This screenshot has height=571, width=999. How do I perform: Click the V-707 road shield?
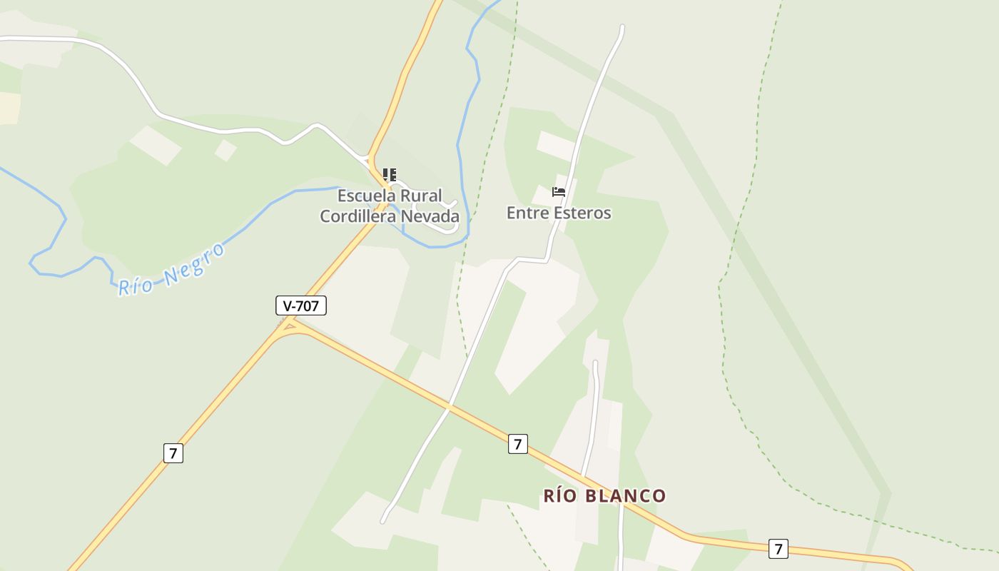pos(301,306)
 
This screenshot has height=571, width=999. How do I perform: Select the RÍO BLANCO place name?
pos(605,495)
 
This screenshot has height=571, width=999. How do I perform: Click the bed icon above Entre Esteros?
pos(559,192)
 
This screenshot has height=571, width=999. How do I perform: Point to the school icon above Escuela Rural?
pos(390,175)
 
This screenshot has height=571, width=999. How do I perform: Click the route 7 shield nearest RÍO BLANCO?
pos(518,444)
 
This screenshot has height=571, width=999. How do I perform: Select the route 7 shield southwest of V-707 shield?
pos(173,453)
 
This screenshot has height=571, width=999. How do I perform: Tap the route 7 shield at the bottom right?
pos(778,548)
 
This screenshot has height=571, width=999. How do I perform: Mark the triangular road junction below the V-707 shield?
pos(288,327)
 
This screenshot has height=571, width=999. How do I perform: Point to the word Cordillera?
pos(354,216)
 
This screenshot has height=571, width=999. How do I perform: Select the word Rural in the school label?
pos(421,196)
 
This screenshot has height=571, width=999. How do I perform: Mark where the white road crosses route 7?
pos(449,408)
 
